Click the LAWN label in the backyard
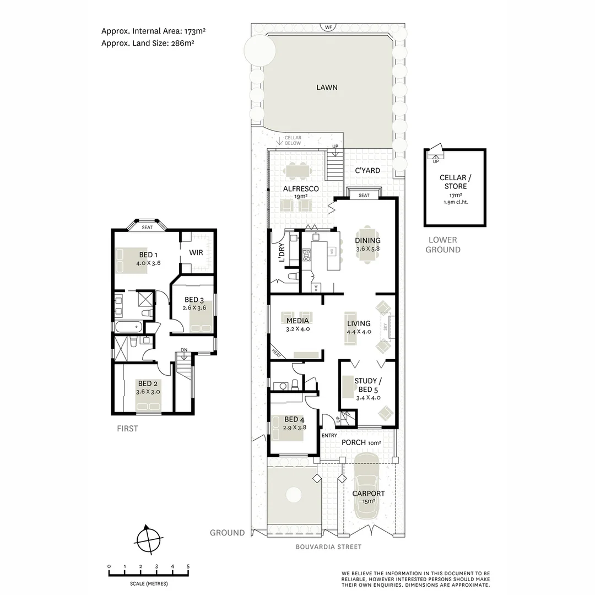[327, 87]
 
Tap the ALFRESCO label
[301, 188]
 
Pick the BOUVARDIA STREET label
[328, 547]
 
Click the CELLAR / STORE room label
[453, 182]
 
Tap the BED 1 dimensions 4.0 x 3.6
[148, 263]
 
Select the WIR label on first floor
[197, 252]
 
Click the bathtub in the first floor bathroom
[128, 327]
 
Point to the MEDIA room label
[297, 321]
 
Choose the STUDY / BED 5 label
[366, 385]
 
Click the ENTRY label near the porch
[329, 436]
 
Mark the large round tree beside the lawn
[259, 50]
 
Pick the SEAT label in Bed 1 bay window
[147, 227]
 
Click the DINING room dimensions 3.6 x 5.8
[367, 249]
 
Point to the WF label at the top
[329, 26]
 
